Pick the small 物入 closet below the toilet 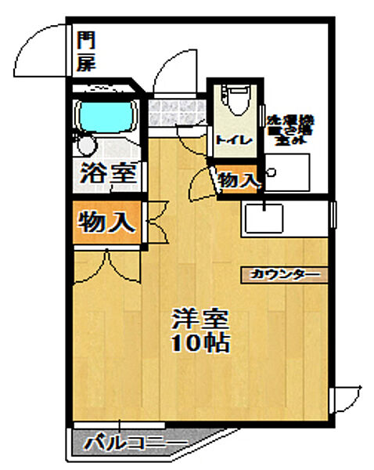point(238,181)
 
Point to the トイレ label point(232,140)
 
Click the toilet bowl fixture point(234,101)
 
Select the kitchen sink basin point(265,217)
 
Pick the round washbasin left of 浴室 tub point(86,146)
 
